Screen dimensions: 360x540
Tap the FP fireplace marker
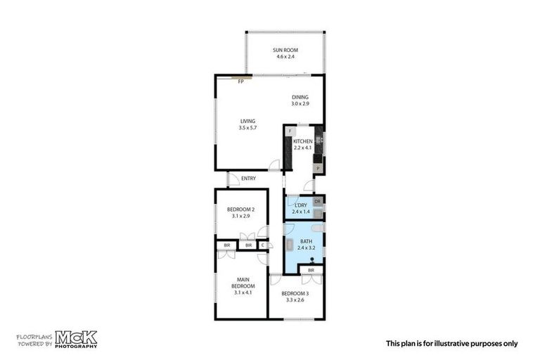tap(240, 82)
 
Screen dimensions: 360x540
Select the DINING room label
tap(300, 98)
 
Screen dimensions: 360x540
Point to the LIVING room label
tap(247, 121)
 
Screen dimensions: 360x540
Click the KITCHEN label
tap(303, 141)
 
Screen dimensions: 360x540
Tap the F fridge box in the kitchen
tap(290, 131)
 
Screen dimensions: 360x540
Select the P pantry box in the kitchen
tap(318, 169)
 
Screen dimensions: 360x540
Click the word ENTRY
tap(248, 179)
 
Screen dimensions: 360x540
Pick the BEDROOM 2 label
tap(240, 210)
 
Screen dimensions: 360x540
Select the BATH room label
tap(302, 242)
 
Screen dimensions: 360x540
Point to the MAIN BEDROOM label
tap(243, 283)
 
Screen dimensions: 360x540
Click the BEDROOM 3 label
tap(295, 293)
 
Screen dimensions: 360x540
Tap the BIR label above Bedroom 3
tap(311, 270)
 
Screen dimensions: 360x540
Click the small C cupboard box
tap(262, 245)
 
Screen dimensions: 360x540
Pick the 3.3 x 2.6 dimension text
tap(295, 300)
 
